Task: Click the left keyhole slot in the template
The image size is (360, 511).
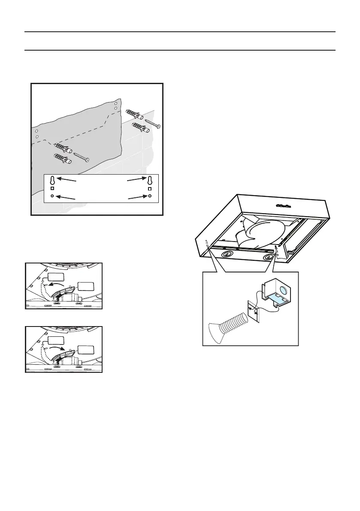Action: pyautogui.click(x=52, y=180)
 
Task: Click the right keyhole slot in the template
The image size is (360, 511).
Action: pyautogui.click(x=150, y=180)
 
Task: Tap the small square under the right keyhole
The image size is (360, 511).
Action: pyautogui.click(x=150, y=188)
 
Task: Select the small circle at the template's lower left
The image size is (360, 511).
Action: pyautogui.click(x=52, y=196)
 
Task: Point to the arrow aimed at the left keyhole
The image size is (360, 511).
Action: pyautogui.click(x=67, y=180)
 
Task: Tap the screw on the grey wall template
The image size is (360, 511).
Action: pyautogui.click(x=81, y=157)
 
